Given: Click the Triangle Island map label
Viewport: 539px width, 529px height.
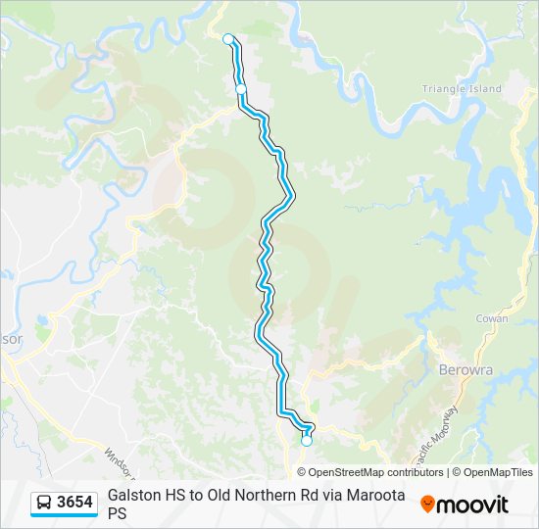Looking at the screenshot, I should click(462, 89).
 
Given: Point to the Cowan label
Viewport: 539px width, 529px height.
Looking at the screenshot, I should click(491, 319).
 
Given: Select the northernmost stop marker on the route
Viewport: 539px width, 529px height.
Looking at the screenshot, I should click(228, 39).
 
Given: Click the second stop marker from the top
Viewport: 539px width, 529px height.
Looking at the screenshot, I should click(241, 89).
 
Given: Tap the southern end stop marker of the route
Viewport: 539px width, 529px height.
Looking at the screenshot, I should click(307, 441).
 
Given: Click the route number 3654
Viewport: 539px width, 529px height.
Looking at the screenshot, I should click(75, 503).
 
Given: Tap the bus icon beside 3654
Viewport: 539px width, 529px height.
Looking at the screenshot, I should click(45, 504).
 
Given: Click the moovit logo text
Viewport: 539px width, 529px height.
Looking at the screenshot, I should click(472, 505).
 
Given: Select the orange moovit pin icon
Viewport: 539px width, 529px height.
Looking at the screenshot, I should click(427, 505).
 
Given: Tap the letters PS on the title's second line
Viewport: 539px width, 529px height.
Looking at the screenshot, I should click(118, 512).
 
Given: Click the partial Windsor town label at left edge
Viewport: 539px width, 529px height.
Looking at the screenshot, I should click(10, 339).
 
